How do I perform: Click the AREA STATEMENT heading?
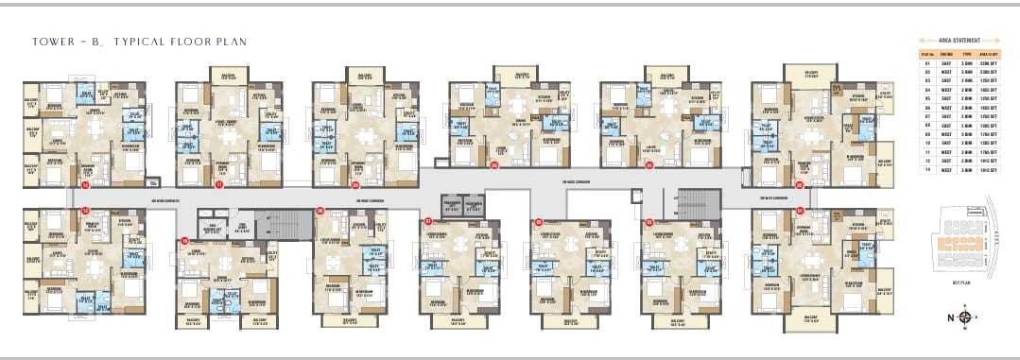coord(958,42)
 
